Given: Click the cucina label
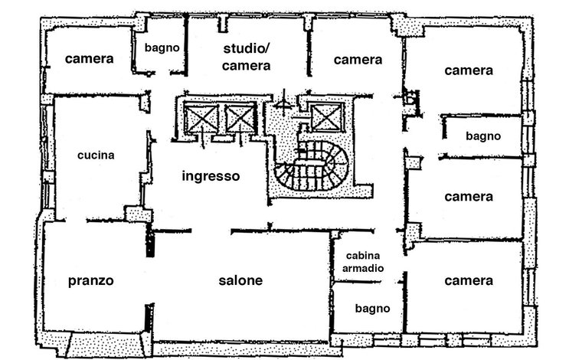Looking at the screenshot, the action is (x=96, y=155).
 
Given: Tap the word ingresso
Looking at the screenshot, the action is (x=211, y=176).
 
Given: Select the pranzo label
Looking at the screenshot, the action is (x=90, y=281).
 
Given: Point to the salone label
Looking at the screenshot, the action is (x=240, y=280).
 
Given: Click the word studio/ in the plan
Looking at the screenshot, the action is (x=247, y=48).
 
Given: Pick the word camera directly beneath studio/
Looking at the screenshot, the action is (x=246, y=66).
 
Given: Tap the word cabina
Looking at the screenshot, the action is (x=363, y=255).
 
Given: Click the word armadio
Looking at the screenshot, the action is (x=363, y=268).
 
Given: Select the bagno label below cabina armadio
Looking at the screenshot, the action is (x=372, y=309).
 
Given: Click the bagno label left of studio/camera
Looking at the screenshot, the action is (x=162, y=48).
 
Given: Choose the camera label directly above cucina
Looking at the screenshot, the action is (x=89, y=59).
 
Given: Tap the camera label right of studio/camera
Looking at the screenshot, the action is (x=358, y=60).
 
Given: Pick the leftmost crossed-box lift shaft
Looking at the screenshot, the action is (x=201, y=119).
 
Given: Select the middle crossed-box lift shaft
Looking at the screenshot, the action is (x=240, y=119).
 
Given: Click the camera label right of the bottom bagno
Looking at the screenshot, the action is (x=469, y=280).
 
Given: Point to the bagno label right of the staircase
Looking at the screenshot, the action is (x=483, y=136).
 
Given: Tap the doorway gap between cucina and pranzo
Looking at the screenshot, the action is (x=76, y=221).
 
